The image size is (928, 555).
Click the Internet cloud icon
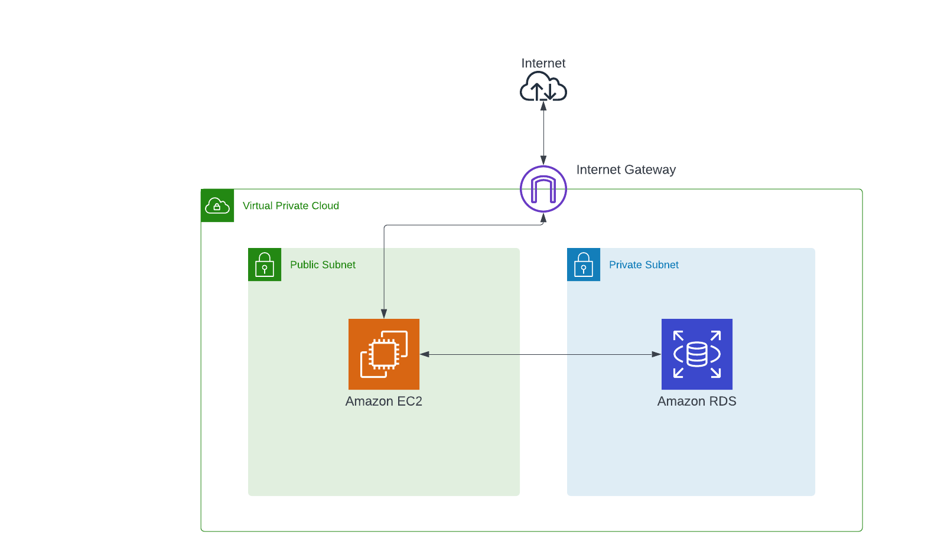543,87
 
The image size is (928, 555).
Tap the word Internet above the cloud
543,63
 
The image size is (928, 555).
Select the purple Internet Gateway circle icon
543,189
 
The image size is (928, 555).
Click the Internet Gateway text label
626,170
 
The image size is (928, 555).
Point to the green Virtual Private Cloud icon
217,205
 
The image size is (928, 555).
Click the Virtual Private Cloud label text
291,205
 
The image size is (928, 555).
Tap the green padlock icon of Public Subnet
265,265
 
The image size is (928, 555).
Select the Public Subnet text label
323,265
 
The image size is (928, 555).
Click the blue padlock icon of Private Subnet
584,265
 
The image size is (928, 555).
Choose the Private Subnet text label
643,265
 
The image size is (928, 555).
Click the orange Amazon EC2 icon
384,354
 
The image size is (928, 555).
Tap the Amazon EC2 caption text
384,401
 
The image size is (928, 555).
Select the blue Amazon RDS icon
697,354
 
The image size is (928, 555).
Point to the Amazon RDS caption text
697,401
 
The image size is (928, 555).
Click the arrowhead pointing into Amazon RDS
656,354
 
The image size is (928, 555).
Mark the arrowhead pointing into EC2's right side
425,354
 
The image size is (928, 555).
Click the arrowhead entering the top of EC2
384,314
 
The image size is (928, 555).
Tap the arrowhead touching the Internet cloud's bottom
543,106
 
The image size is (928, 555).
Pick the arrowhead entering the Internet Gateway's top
543,160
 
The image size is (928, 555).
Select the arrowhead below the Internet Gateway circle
543,218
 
